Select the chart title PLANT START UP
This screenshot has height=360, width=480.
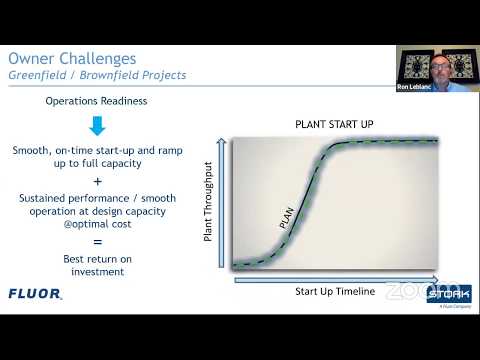[x=334, y=124]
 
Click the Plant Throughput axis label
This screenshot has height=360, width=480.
[x=208, y=204]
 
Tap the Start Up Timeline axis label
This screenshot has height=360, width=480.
[x=334, y=291]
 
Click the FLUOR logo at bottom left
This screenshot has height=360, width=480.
[x=35, y=294]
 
